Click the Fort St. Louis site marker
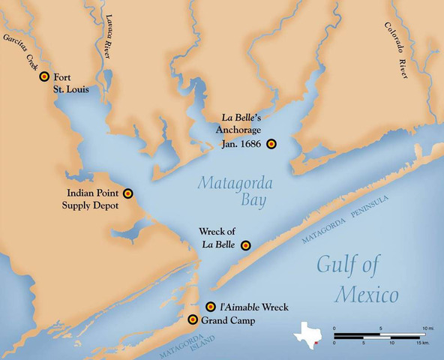(x=44, y=76)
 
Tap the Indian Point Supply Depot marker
(x=128, y=193)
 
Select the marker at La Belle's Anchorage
(x=271, y=143)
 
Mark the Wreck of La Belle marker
(x=245, y=245)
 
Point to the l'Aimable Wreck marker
(x=211, y=307)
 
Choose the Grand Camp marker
(x=193, y=320)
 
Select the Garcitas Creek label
(x=18, y=50)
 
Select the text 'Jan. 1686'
(x=240, y=144)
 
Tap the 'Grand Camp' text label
(x=228, y=321)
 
